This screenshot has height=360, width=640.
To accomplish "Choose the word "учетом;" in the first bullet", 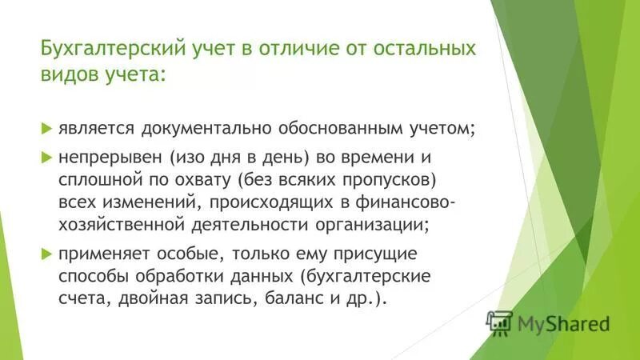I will point(424,128).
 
